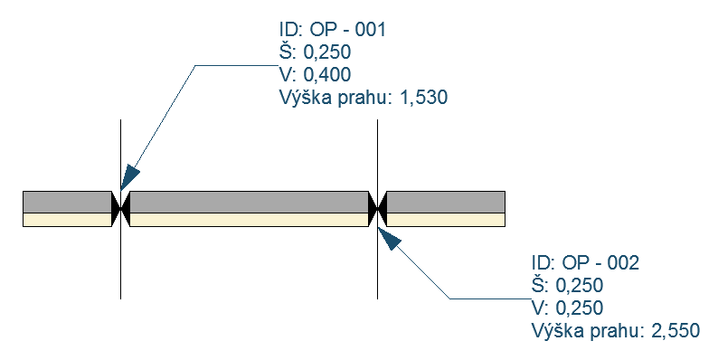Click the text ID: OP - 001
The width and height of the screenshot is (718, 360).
(333, 30)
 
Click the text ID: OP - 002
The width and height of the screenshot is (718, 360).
(585, 263)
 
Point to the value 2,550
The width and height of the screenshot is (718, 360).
(675, 330)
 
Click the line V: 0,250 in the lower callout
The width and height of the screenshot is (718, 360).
(567, 308)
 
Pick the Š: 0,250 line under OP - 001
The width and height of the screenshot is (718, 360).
(316, 52)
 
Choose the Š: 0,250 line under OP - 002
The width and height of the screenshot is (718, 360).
(567, 286)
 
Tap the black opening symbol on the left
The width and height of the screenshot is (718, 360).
(120, 207)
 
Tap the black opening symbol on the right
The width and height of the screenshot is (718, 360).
(377, 207)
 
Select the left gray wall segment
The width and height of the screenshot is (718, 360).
(66, 202)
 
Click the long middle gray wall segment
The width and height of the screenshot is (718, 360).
(249, 202)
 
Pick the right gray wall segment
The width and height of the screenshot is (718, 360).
(445, 202)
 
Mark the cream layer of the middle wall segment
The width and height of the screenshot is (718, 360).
(249, 219)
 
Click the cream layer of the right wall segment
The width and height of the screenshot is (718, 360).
(445, 219)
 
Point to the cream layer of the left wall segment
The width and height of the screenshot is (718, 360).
(66, 219)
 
